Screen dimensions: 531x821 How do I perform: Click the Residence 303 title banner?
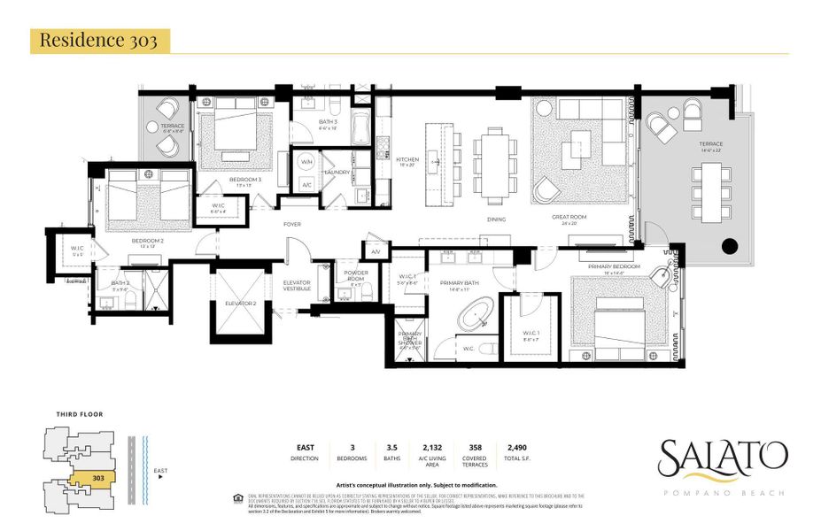tap(99, 41)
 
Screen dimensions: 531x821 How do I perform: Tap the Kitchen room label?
tap(407, 160)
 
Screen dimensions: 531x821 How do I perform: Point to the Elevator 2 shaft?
tap(237, 304)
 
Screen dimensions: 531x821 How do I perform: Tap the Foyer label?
tap(292, 224)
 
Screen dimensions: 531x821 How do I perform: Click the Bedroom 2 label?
tap(148, 241)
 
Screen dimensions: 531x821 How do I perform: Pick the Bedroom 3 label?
tap(245, 180)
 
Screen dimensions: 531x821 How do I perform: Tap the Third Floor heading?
tap(80, 414)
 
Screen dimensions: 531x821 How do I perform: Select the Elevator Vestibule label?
tap(297, 286)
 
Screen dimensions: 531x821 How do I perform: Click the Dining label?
tap(496, 219)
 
